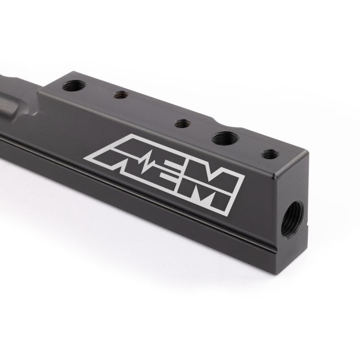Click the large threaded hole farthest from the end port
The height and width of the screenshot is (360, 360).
(x=73, y=85)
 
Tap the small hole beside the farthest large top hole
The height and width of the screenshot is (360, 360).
(x=121, y=95)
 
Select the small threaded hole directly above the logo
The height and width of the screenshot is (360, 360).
(x=181, y=123)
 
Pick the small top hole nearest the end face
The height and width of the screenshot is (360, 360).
(x=270, y=154)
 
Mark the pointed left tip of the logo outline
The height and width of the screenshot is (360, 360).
(x=85, y=157)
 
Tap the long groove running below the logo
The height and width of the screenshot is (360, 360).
(x=135, y=189)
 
